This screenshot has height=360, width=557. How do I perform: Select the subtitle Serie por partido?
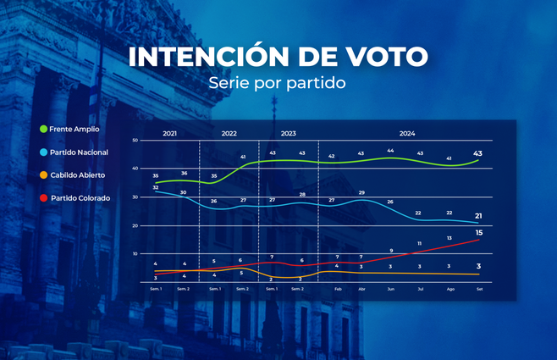278,84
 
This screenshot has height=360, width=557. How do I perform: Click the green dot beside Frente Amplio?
43,129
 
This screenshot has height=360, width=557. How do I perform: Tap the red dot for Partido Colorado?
43,198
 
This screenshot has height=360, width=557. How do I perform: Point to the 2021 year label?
169,133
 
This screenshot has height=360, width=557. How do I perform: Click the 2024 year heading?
406,133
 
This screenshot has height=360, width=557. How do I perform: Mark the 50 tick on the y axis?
135,140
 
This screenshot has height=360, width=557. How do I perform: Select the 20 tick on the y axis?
135,225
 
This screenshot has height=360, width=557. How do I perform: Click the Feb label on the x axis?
337,289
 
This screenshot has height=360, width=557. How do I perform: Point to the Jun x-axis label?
390,289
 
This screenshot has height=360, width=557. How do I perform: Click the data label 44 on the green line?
390,150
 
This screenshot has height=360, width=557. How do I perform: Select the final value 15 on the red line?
479,232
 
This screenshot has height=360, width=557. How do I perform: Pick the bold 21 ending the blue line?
479,215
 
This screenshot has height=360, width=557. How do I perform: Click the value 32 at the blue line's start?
156,187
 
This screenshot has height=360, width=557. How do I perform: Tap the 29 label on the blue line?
361,193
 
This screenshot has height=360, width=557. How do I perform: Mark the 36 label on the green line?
185,174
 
